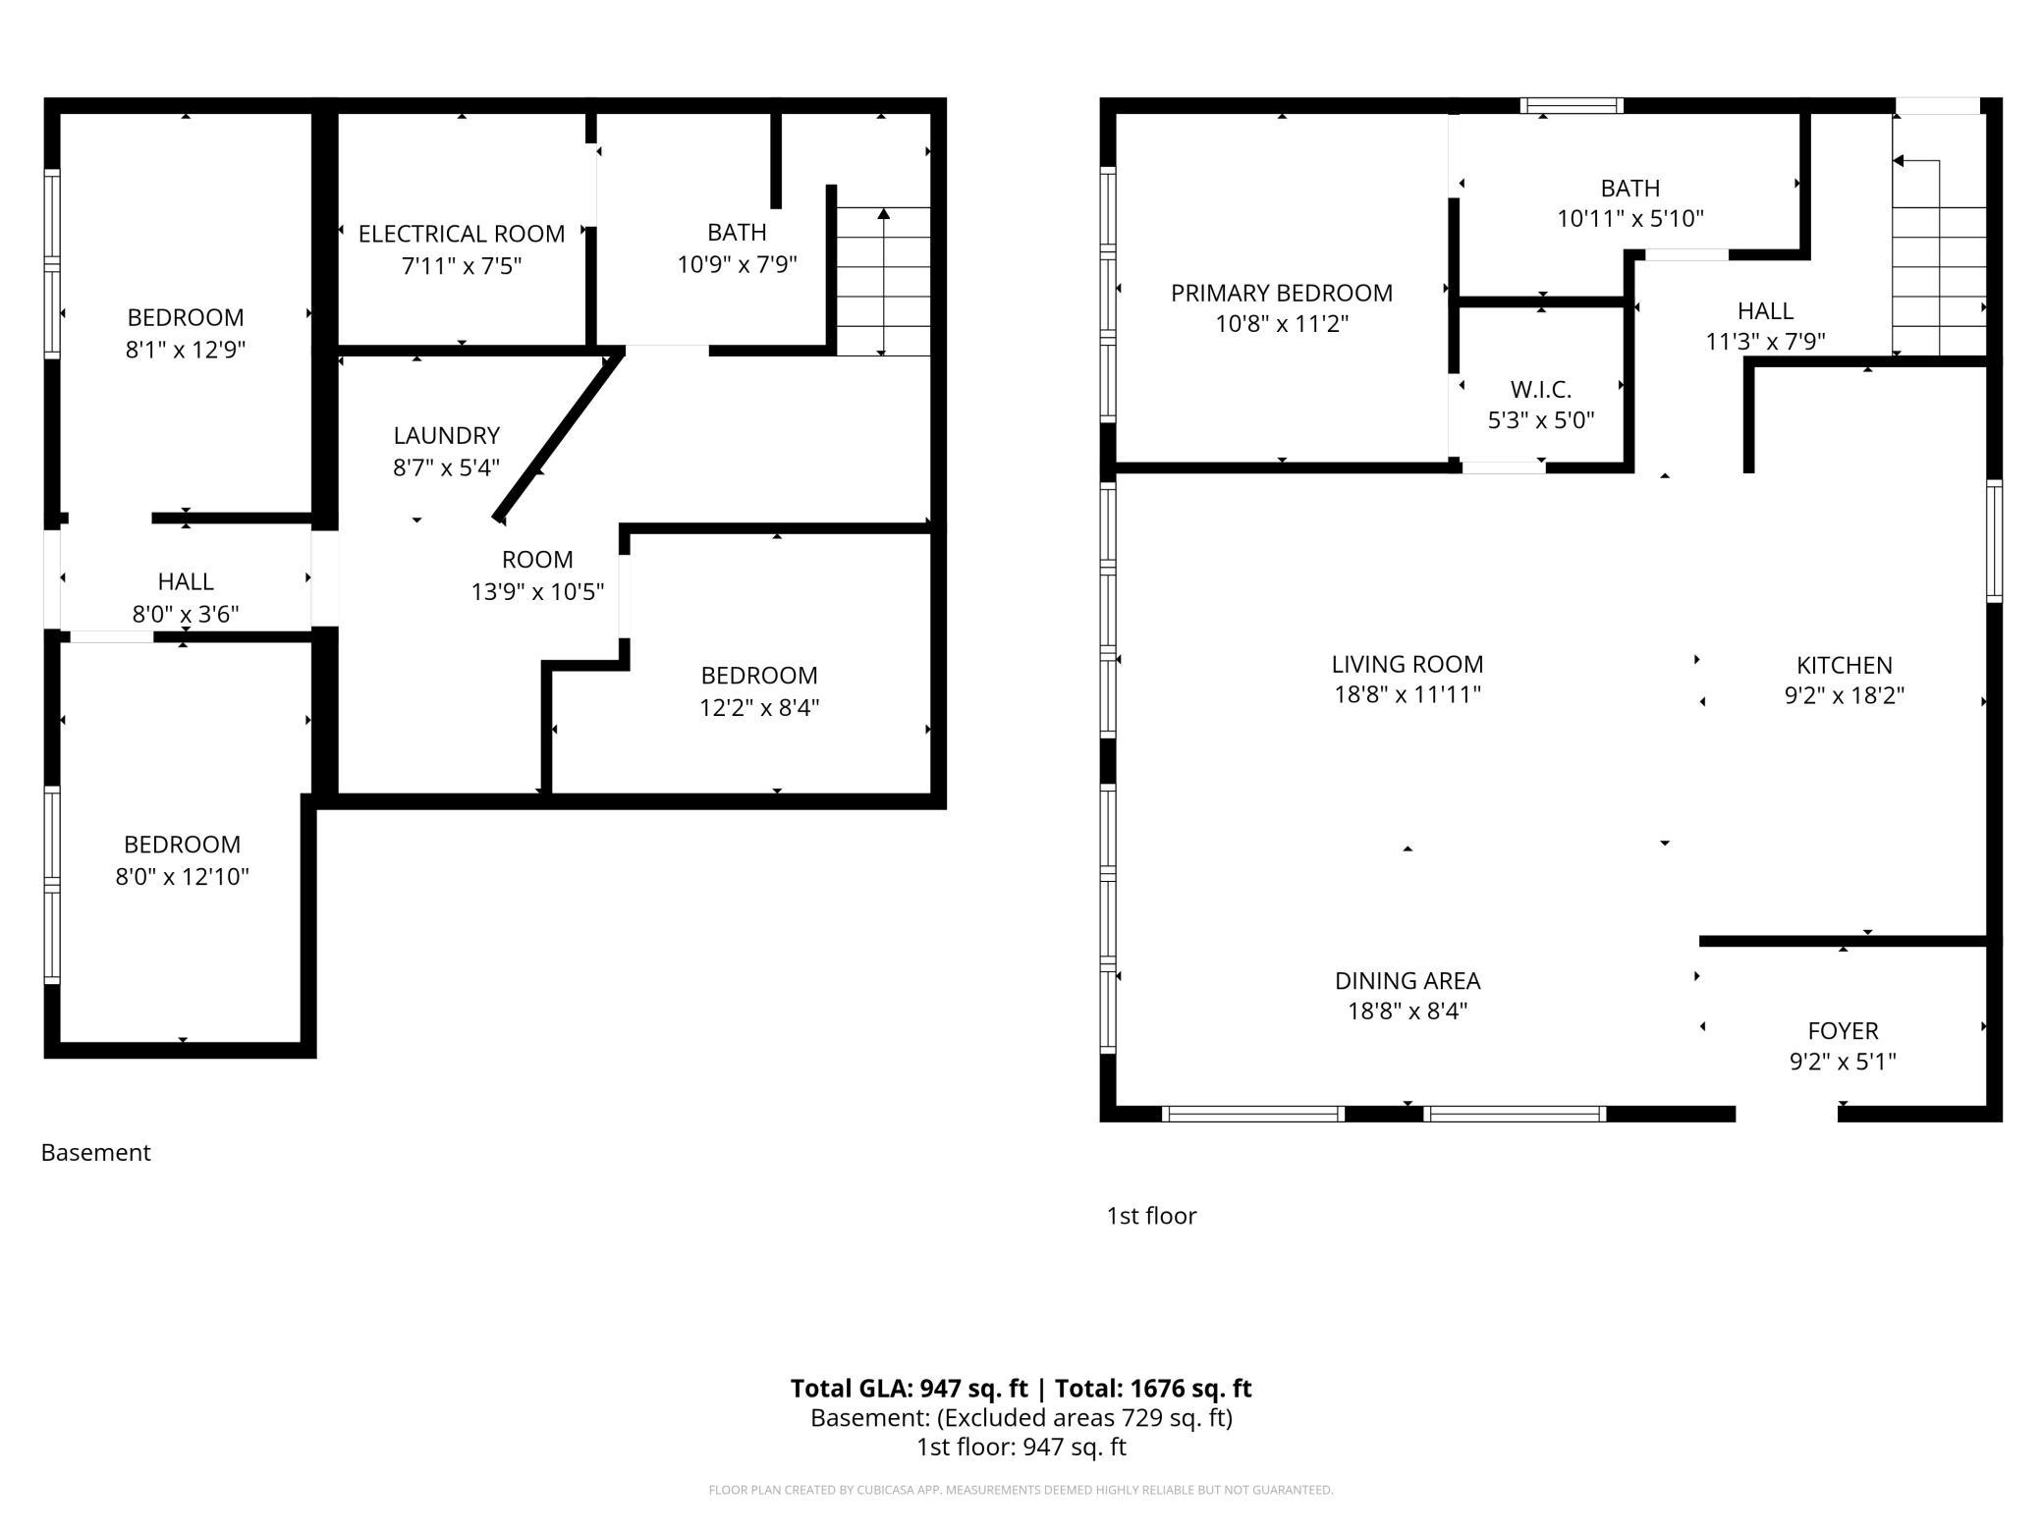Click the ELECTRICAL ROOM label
tap(462, 234)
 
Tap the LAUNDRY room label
tap(447, 435)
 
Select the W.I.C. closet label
tap(1541, 389)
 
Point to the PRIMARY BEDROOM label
tap(1282, 293)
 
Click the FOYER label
tap(1843, 1030)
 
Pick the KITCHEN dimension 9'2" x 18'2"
tap(1845, 695)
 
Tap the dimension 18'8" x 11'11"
tap(1408, 694)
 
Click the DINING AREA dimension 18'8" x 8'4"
tap(1408, 1011)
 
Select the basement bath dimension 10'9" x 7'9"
tap(737, 264)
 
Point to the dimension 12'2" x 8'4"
tap(759, 707)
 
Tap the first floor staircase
tap(1940, 256)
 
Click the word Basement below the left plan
tap(95, 1152)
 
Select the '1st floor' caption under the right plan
tap(1151, 1216)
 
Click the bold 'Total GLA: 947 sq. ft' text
tap(909, 1388)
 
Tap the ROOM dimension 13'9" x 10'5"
tap(537, 591)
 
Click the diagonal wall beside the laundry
tap(558, 435)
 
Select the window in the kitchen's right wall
tap(1994, 540)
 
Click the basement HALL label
tap(186, 581)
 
